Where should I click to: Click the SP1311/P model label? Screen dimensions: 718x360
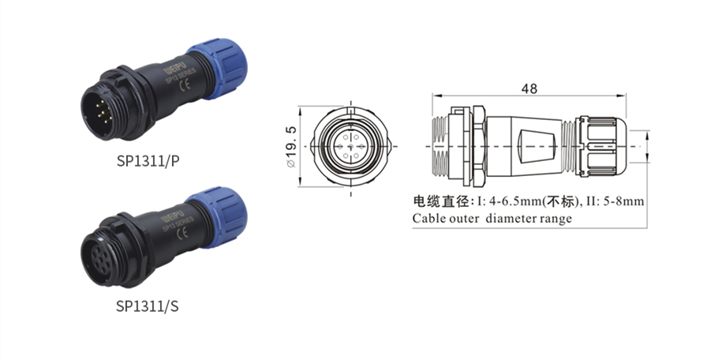pyautogui.click(x=148, y=161)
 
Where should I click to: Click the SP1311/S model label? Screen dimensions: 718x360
pyautogui.click(x=148, y=306)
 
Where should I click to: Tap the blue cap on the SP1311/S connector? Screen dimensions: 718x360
pyautogui.click(x=218, y=216)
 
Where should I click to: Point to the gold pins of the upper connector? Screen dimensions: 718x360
pyautogui.click(x=103, y=111)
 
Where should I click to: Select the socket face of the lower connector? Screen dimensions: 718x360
pyautogui.click(x=98, y=258)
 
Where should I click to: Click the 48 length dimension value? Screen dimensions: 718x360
pyautogui.click(x=529, y=88)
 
